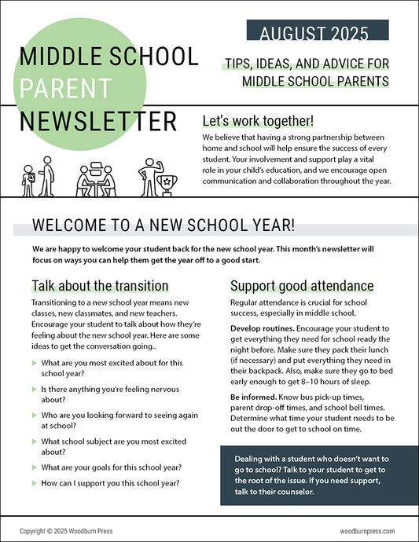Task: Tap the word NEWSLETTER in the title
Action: [98, 122]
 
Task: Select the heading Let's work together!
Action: [258, 121]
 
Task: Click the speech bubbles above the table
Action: [98, 167]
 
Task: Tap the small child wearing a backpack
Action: [29, 185]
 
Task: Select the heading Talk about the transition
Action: [100, 285]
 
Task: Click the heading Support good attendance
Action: [301, 285]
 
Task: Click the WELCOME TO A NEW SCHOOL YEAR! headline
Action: [164, 225]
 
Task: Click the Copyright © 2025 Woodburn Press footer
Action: [66, 531]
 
